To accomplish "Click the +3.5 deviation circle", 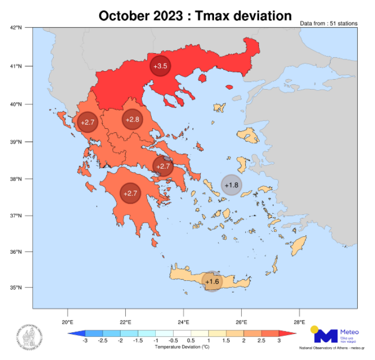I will click(160, 66).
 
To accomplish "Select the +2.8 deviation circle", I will click(132, 120).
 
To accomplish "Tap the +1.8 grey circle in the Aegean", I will click(231, 185).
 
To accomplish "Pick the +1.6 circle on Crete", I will click(212, 281).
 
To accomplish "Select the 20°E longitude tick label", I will click(68, 322).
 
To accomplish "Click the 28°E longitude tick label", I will click(299, 322).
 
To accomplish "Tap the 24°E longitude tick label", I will click(183, 322).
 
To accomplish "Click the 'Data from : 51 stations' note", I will click(329, 24).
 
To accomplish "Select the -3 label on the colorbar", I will click(85, 341).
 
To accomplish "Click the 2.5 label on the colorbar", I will click(262, 341).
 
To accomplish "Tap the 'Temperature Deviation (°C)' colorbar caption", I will click(182, 347).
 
